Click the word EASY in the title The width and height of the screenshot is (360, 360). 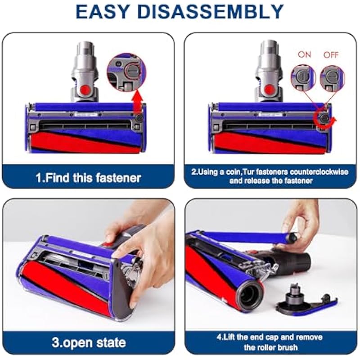102,12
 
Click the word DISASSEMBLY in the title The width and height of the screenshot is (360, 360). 210,12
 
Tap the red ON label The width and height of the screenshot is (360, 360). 305,54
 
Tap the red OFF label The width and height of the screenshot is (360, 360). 331,55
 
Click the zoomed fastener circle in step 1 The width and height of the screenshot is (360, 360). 126,72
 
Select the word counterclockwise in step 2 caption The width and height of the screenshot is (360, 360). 319,172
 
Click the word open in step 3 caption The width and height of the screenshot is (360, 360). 77,343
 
